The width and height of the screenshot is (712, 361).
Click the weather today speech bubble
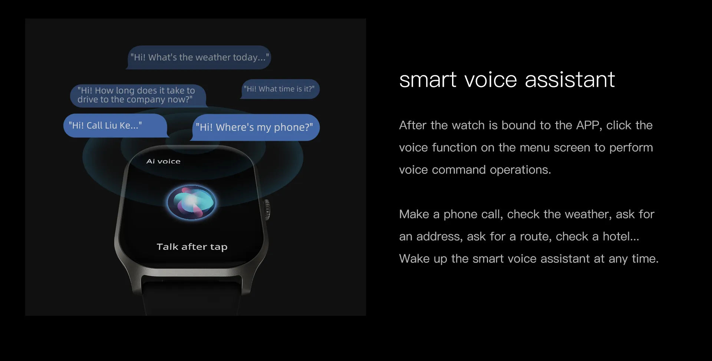point(199,57)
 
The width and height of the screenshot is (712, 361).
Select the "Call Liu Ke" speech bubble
point(115,126)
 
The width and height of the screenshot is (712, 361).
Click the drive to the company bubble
point(138,95)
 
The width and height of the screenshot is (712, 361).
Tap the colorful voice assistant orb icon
point(191,202)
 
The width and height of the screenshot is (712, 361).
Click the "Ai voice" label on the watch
point(164,161)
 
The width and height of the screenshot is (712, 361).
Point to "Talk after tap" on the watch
point(192,247)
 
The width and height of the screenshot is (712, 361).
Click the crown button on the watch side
point(267,210)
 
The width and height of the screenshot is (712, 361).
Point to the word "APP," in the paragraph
point(589,125)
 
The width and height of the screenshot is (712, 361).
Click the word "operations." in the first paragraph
point(521,170)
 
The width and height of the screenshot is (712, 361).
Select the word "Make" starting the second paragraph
point(414,214)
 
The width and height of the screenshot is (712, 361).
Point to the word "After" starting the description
point(413,125)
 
